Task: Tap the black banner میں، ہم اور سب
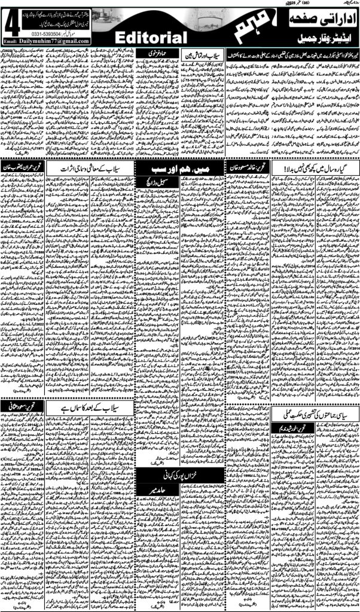tap(157, 168)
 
